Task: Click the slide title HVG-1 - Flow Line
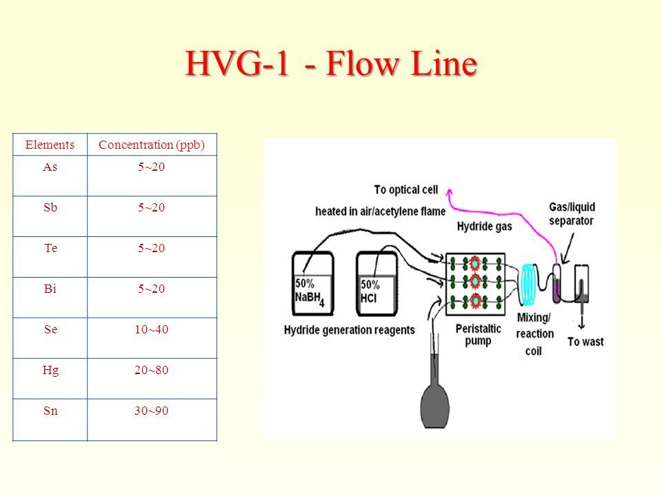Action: point(332,63)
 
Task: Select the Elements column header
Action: point(50,145)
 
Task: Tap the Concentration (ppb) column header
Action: point(152,145)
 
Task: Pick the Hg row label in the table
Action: point(50,371)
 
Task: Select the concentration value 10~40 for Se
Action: point(152,329)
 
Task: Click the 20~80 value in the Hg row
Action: point(152,371)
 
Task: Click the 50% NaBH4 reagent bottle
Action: point(313,283)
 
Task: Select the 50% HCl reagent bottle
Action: point(377,283)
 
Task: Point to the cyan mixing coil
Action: point(528,285)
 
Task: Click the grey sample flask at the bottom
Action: point(435,391)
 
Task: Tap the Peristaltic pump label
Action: point(479,335)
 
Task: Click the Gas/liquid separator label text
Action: point(572,214)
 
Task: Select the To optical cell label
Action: point(406,190)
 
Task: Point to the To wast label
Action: point(585,342)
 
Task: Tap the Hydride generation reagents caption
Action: point(350,330)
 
